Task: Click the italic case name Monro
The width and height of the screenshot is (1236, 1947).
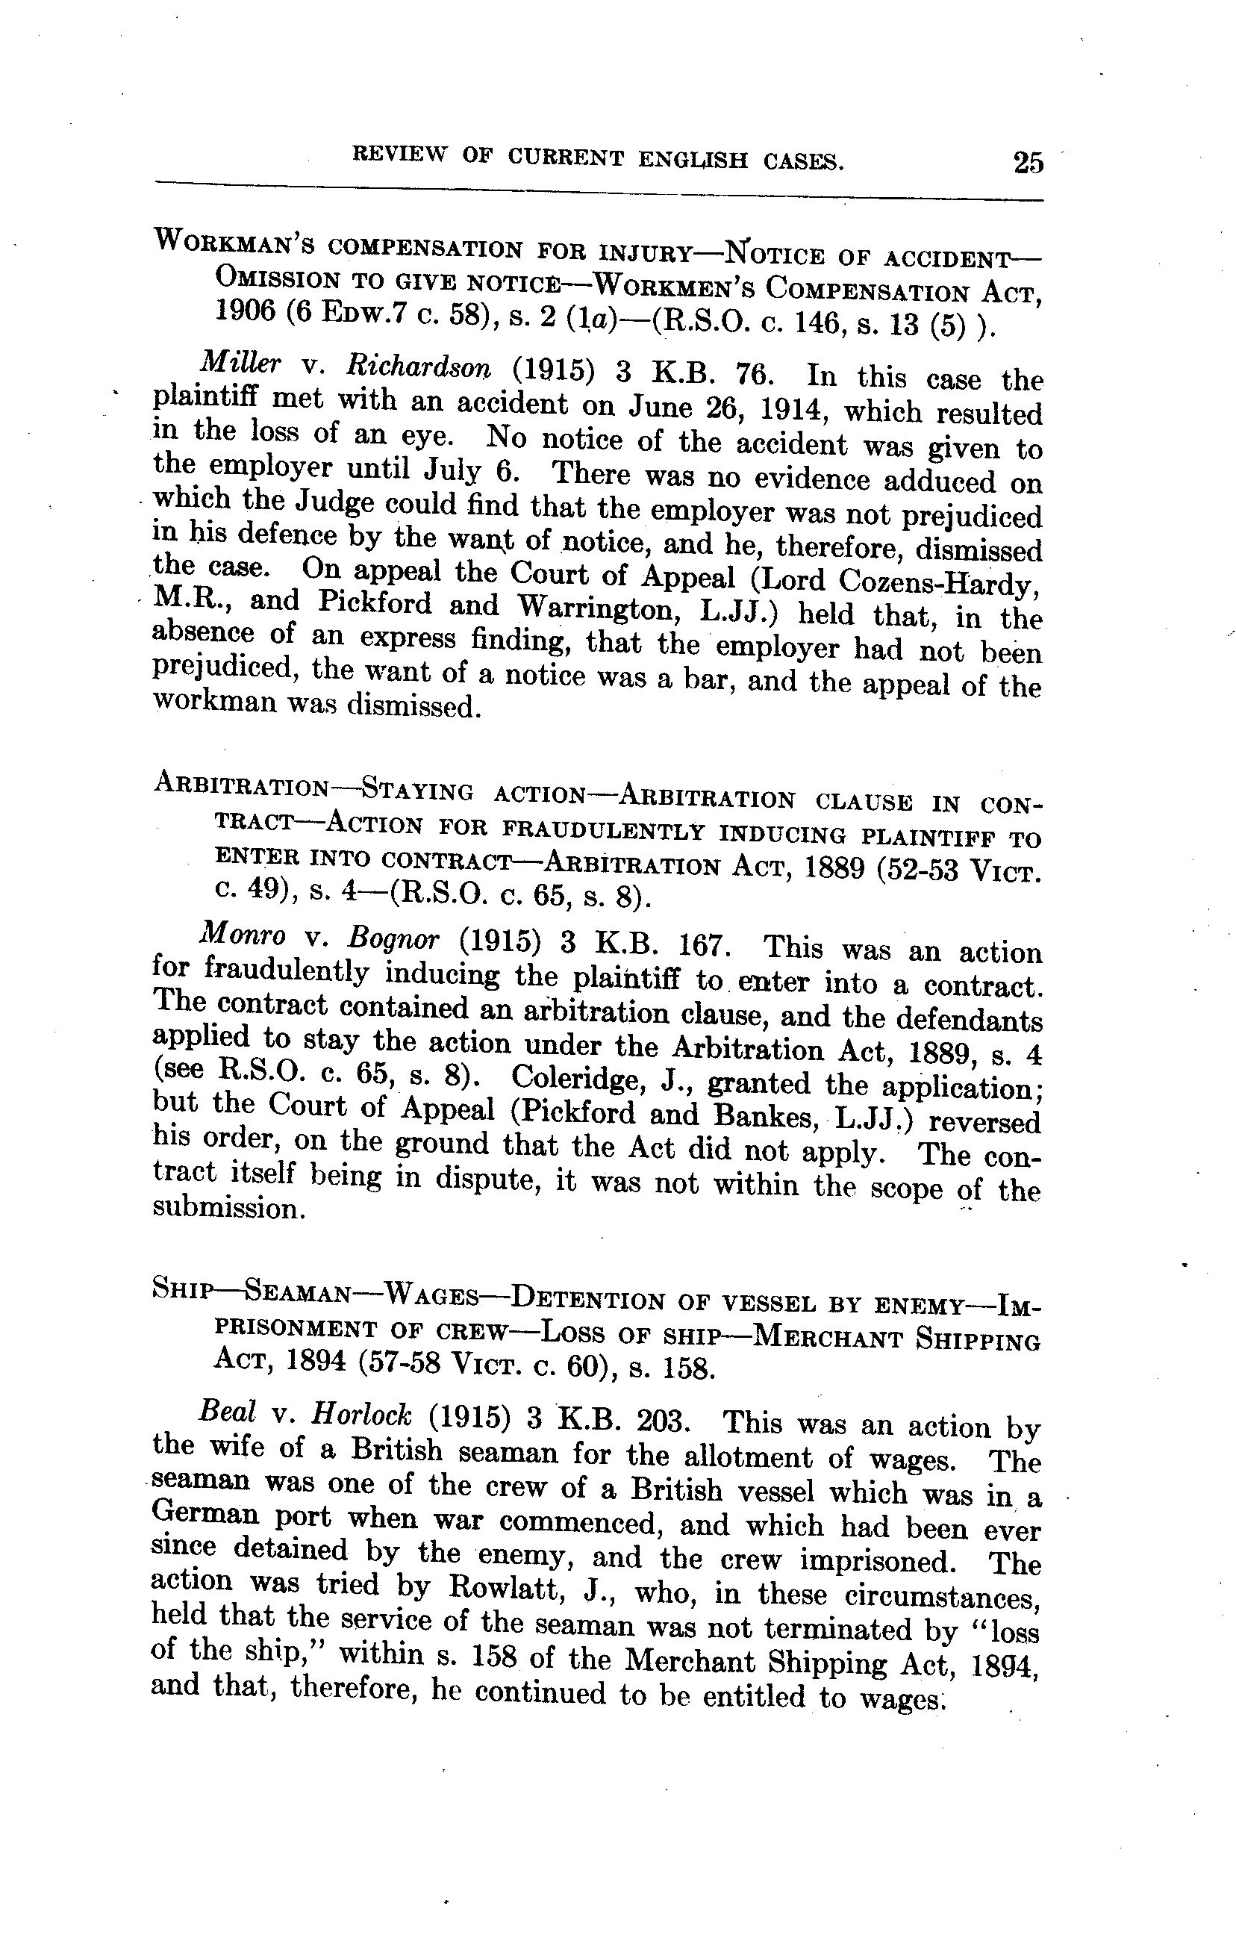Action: pyautogui.click(x=242, y=935)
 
